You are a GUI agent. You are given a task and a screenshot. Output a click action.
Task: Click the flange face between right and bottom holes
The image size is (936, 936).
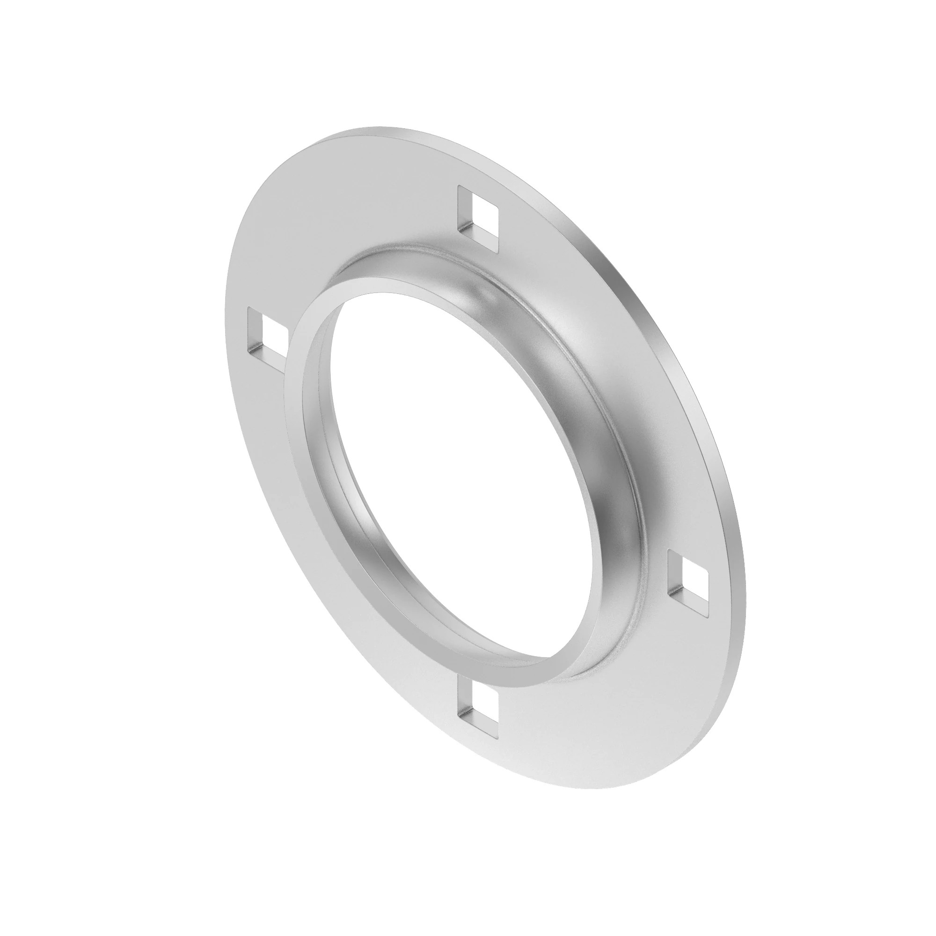pyautogui.click(x=606, y=727)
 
